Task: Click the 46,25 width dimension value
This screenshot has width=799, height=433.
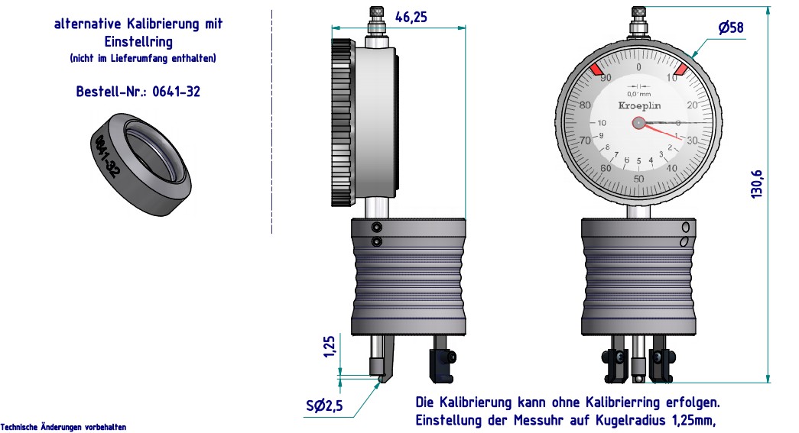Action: tap(411, 17)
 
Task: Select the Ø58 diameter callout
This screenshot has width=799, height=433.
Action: tap(730, 28)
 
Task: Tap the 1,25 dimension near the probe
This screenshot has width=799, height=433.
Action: tap(330, 346)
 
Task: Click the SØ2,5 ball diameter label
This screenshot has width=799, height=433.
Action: tap(325, 406)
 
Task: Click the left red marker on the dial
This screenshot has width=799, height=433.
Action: tap(596, 70)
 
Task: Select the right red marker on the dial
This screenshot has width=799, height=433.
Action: tap(680, 70)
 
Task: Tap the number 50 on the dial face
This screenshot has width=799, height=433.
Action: tap(638, 179)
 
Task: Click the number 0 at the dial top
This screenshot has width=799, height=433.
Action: tap(638, 67)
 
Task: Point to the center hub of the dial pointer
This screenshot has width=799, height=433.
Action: tap(638, 122)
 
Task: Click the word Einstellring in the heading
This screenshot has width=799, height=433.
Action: tap(138, 41)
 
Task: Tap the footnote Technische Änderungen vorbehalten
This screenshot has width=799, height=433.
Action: tap(63, 427)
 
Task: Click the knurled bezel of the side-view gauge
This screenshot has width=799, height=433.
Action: tap(342, 122)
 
